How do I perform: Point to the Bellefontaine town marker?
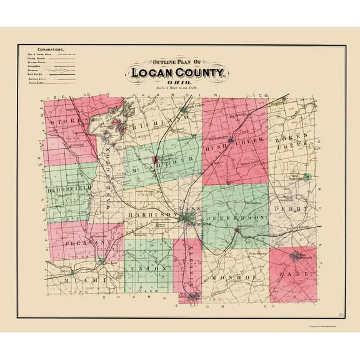(x=188, y=219)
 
